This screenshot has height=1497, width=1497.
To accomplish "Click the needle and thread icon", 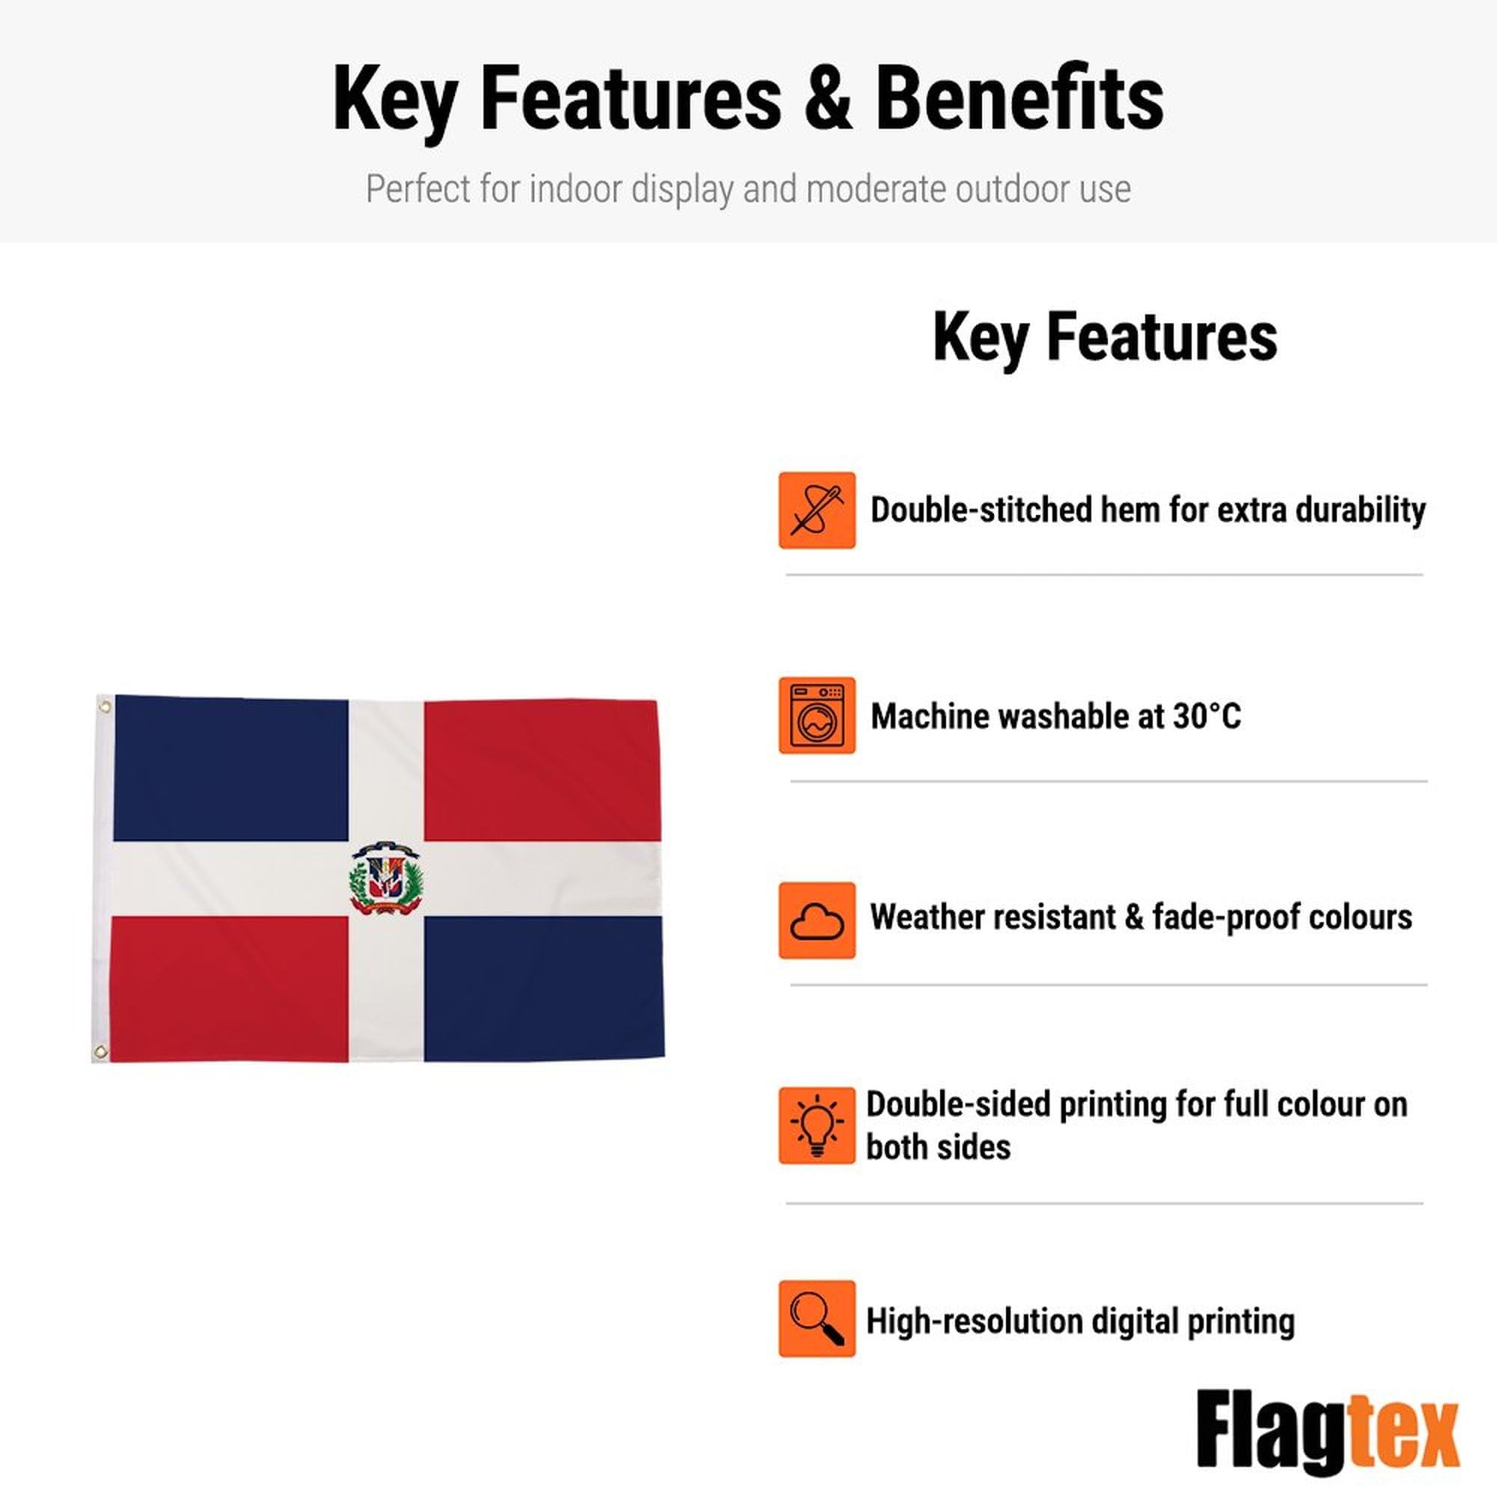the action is pos(817,510).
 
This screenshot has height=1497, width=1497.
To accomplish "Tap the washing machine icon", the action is pos(817,715).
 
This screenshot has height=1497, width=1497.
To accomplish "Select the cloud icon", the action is pos(817,921).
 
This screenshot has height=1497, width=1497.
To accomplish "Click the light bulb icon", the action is pos(817,1125).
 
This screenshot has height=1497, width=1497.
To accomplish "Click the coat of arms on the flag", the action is pos(386,878).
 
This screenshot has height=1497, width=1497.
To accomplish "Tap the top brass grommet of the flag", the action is pos(105,707).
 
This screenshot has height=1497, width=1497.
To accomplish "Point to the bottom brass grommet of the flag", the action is pos(100,1052).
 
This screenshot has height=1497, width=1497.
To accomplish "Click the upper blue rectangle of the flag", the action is pos(231,769).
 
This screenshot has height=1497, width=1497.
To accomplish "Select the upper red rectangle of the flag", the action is pos(541,770).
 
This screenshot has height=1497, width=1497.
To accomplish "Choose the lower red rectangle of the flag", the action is pos(229,989).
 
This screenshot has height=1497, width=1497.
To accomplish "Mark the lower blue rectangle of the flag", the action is pos(543,988).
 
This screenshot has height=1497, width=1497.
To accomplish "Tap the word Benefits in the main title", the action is pos(1019,98).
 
